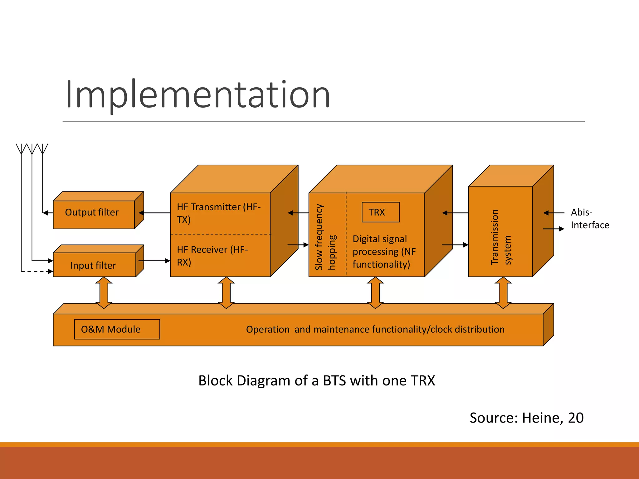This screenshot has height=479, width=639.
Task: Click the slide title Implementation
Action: [198, 94]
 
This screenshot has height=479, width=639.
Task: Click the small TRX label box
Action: [380, 212]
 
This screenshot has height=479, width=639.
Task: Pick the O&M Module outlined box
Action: [117, 329]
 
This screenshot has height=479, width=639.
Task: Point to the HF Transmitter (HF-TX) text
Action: [218, 213]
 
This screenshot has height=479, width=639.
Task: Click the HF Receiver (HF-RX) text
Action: [212, 255]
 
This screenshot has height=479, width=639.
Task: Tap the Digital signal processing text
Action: [384, 251]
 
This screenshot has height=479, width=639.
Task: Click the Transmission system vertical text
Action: [500, 237]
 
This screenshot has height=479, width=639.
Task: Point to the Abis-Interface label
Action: [589, 219]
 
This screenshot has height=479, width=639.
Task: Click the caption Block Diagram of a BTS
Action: [316, 380]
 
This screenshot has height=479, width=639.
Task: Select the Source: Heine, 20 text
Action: [526, 418]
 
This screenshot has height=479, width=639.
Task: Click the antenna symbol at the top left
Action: [32, 149]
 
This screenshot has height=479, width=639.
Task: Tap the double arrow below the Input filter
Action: [104, 293]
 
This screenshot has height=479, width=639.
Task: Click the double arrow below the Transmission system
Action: [503, 293]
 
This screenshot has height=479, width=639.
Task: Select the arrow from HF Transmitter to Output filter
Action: [154, 213]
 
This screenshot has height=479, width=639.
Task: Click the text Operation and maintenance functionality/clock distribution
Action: [375, 329]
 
